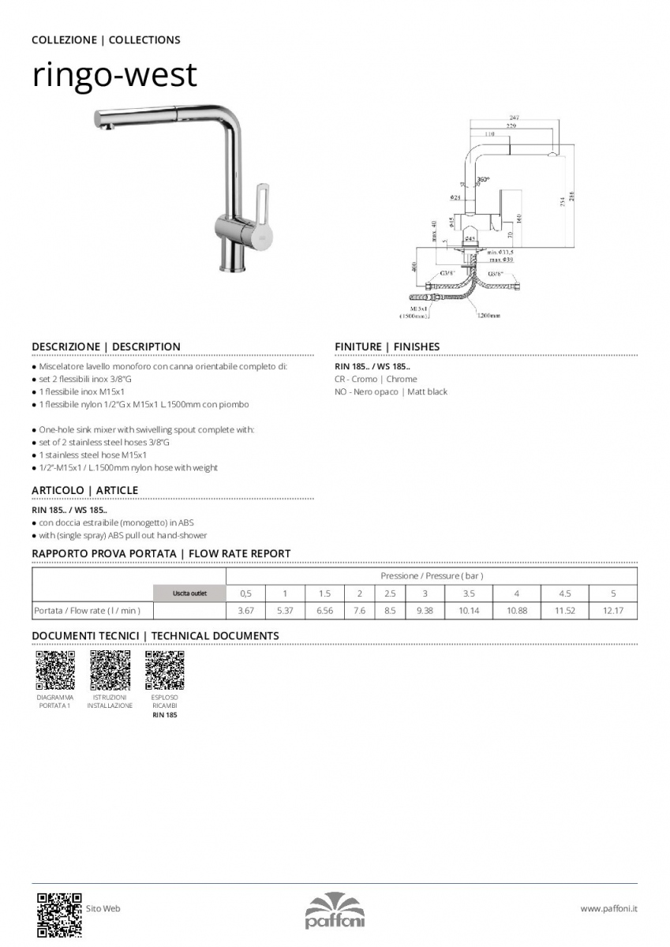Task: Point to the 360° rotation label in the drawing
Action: (483, 180)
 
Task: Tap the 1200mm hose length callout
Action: (488, 316)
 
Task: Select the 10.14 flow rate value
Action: (468, 611)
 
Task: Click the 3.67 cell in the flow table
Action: (245, 611)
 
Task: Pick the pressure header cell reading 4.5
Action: (564, 593)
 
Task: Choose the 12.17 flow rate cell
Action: (613, 611)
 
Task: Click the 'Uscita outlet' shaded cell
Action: (189, 593)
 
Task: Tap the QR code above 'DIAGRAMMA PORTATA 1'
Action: (55, 671)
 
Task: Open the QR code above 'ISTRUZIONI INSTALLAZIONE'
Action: (110, 671)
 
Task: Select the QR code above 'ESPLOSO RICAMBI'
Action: (165, 671)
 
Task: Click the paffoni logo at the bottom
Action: (335, 911)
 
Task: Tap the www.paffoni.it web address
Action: (608, 909)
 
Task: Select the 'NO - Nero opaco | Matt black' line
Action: (391, 392)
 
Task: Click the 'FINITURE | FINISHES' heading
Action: (387, 346)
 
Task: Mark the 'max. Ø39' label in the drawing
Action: (500, 259)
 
